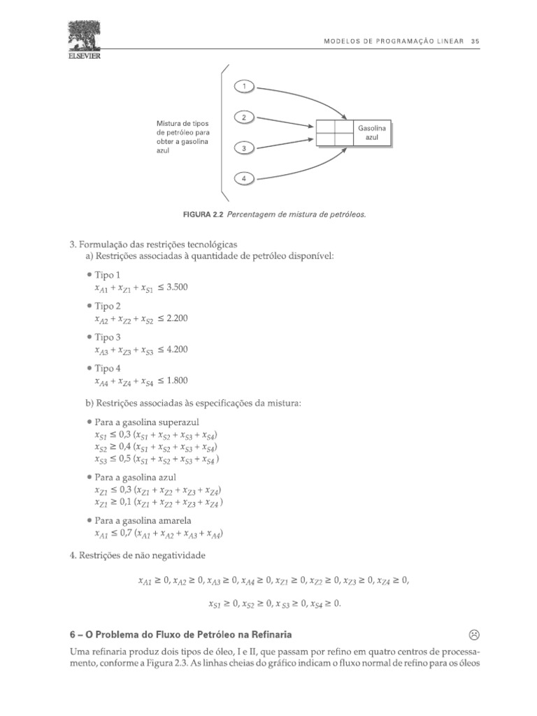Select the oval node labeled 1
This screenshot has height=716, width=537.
[x=244, y=86]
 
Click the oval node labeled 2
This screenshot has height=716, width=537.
[x=244, y=117]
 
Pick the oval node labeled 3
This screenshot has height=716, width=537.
[x=244, y=148]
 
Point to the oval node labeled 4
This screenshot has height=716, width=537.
[x=244, y=179]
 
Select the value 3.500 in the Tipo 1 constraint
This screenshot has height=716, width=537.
[x=178, y=287]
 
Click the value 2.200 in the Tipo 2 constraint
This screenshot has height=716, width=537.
[x=178, y=318]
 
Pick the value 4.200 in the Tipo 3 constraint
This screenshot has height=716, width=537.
[x=178, y=350]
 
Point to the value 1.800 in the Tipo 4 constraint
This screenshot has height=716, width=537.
[x=178, y=380]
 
